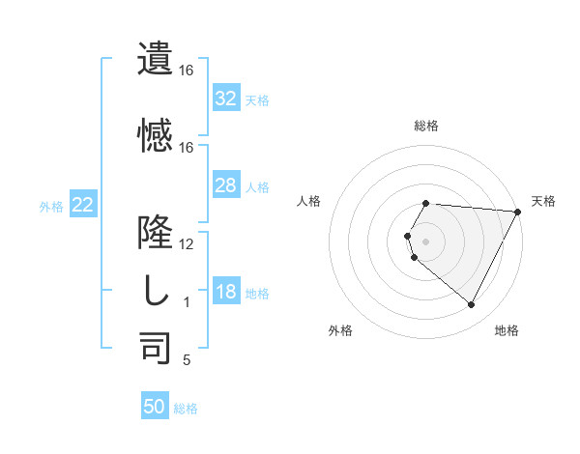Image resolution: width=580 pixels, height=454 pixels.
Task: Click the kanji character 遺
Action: click(156, 60)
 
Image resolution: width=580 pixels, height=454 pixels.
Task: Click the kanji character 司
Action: click(156, 348)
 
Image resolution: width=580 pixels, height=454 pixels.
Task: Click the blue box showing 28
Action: click(226, 185)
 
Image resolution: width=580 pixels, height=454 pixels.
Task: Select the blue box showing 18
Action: click(226, 292)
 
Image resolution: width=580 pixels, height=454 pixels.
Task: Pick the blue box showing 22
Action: click(83, 205)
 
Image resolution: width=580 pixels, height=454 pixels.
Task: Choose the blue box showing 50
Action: click(155, 407)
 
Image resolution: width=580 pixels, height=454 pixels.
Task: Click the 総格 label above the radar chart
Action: click(426, 126)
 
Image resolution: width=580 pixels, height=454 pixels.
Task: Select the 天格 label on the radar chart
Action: click(543, 201)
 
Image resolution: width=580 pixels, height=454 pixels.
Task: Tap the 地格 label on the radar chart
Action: click(507, 330)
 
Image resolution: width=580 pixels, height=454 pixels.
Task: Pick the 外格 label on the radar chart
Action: click(340, 330)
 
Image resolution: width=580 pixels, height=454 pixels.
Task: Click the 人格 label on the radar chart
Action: click(309, 201)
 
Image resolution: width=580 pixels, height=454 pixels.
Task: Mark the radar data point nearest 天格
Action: click(518, 212)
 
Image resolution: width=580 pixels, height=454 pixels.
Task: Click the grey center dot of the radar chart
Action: click(426, 241)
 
